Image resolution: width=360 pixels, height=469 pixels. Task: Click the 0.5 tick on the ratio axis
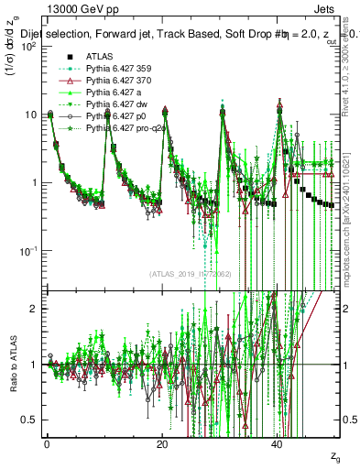tap(30, 420)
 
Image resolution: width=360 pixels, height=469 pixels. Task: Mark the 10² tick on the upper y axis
tap(27, 46)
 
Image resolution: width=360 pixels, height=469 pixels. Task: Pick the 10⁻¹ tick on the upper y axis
tap(27, 250)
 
